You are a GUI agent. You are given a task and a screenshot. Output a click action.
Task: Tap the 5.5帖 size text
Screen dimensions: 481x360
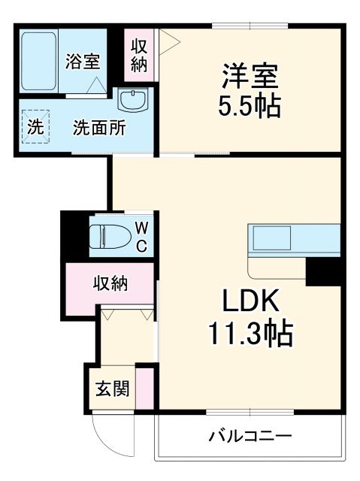(250, 105)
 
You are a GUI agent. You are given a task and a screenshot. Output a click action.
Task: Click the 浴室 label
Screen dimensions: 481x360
(82, 62)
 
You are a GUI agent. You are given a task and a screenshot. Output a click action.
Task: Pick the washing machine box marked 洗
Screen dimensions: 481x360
(35, 127)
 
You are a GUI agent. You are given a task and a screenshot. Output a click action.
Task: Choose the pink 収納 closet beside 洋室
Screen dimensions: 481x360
(139, 55)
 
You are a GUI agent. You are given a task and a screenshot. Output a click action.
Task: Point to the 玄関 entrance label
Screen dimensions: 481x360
(112, 389)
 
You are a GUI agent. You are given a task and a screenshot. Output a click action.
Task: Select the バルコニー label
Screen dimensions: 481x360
(250, 435)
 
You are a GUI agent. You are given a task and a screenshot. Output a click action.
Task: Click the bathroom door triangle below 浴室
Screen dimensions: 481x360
(95, 86)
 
